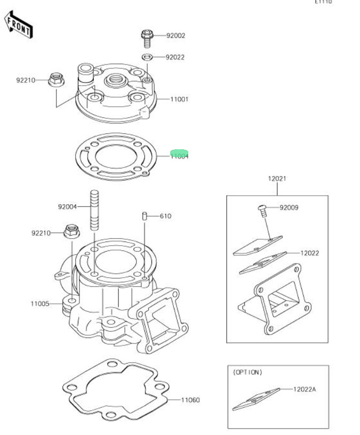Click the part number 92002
tap(175, 36)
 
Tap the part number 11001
tap(179, 99)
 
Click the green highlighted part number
tap(179, 155)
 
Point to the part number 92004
tap(68, 206)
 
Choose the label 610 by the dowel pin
tap(165, 216)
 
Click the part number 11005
tap(40, 304)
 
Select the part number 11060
tap(190, 400)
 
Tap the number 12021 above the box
tap(277, 179)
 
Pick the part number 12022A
tap(304, 390)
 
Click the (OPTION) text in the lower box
tap(247, 372)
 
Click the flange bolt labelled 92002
tap(147, 38)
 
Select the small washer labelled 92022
tap(148, 57)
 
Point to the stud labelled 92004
tap(94, 210)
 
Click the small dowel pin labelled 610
tap(145, 216)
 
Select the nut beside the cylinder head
tap(56, 80)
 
